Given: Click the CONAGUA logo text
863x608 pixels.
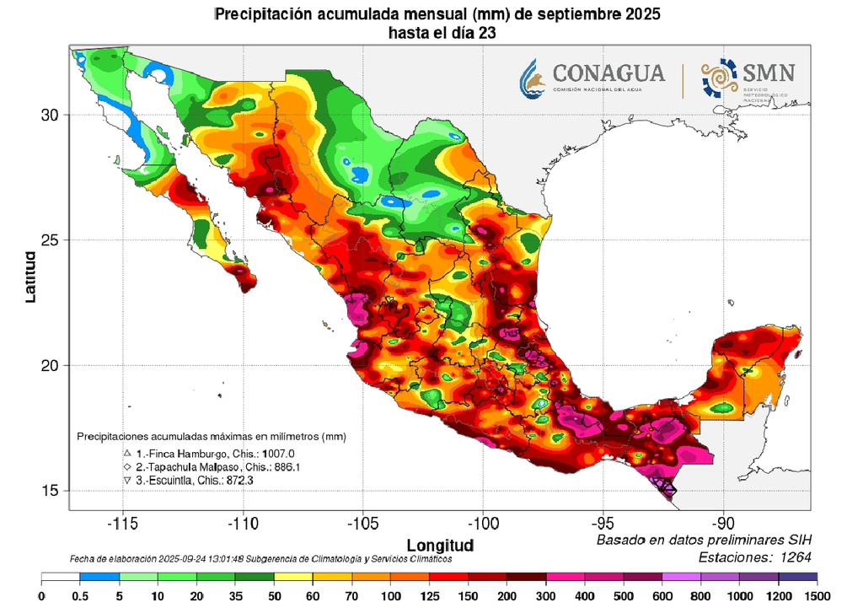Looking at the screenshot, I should tap(608, 73).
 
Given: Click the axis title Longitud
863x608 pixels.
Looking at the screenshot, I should tap(440, 544).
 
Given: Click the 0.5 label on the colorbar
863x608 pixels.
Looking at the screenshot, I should tap(80, 596).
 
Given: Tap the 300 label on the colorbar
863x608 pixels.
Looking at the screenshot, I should tap(545, 596).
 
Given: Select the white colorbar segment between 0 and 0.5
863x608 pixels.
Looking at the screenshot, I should tap(61, 578).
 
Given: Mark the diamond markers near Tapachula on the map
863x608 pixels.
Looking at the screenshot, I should tap(668, 487).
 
